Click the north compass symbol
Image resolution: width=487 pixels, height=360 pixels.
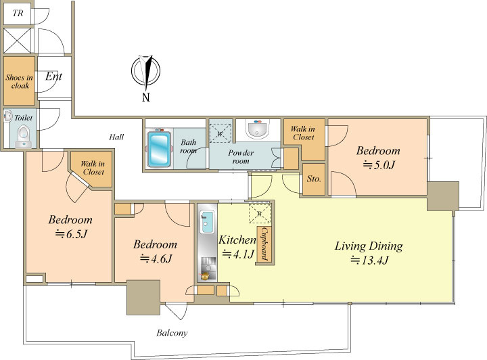pyautogui.click(x=145, y=71)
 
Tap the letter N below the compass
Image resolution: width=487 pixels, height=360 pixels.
pyautogui.click(x=146, y=97)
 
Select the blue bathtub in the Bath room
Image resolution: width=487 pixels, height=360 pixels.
pyautogui.click(x=159, y=149)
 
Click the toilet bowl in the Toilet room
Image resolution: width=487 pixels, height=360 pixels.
pyautogui.click(x=23, y=134)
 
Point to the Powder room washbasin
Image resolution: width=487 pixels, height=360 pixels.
pyautogui.click(x=257, y=129)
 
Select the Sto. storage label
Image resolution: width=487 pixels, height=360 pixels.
pyautogui.click(x=314, y=179)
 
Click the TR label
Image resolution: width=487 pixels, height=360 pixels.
pyautogui.click(x=18, y=13)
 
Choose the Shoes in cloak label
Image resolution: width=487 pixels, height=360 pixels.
pyautogui.click(x=19, y=81)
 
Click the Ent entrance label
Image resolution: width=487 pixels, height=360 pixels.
pyautogui.click(x=53, y=76)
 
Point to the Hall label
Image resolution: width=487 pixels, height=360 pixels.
pyautogui.click(x=116, y=137)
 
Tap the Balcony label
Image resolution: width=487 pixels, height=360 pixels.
pyautogui.click(x=172, y=333)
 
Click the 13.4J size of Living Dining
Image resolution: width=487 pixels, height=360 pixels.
pyautogui.click(x=369, y=260)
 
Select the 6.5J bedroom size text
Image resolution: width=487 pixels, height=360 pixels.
pyautogui.click(x=71, y=233)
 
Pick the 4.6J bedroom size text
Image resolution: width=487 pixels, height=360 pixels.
pyautogui.click(x=156, y=258)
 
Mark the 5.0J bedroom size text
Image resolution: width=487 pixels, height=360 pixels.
pyautogui.click(x=379, y=164)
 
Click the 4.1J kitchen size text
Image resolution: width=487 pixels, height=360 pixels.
pyautogui.click(x=238, y=254)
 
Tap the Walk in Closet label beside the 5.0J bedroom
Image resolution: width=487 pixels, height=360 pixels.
pyautogui.click(x=303, y=133)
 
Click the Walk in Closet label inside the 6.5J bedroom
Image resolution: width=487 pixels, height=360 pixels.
pyautogui.click(x=93, y=168)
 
